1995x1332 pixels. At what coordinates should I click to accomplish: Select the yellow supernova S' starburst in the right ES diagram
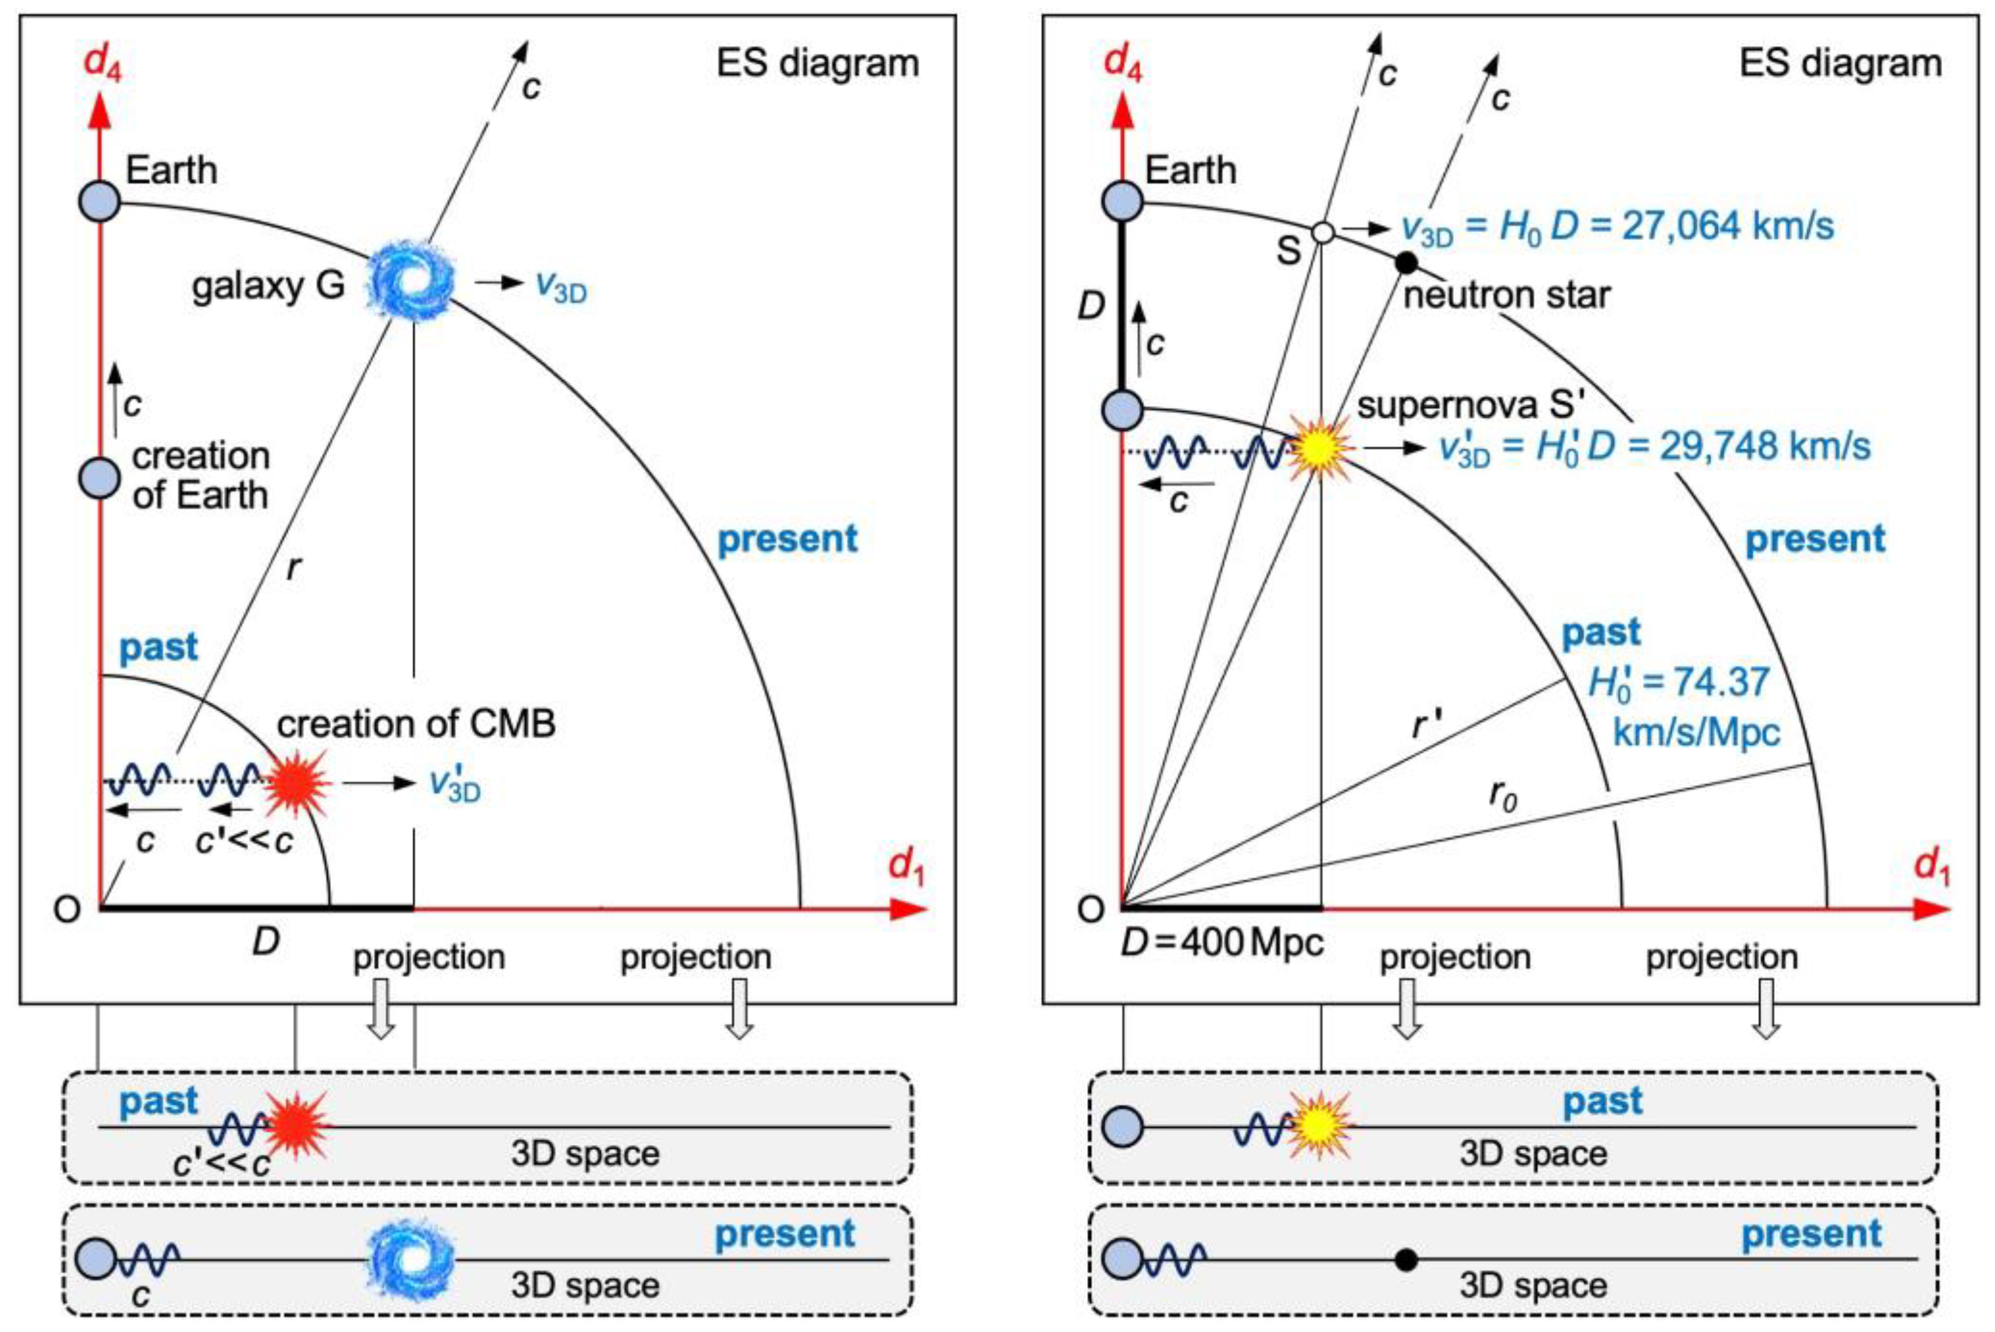[1319, 448]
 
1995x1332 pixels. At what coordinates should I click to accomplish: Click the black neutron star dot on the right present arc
[1407, 263]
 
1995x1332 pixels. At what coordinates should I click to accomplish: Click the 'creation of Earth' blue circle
[101, 478]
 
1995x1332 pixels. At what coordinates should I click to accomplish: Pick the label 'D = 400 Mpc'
[1222, 942]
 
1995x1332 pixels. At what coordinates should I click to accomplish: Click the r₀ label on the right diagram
[1503, 796]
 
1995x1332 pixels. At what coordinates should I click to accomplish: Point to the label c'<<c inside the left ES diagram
[245, 840]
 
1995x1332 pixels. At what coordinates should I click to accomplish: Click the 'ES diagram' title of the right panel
[1841, 63]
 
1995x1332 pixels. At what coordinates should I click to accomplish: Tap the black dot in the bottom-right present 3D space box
[1407, 1259]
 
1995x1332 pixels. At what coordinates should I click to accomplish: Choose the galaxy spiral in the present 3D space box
[411, 1259]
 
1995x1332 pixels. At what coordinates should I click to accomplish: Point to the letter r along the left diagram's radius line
[293, 567]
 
